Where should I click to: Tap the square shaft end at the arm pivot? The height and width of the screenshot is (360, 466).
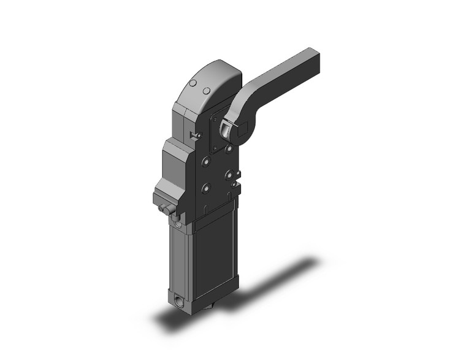click(241, 129)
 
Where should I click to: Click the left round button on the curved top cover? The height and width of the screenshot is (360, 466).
click(193, 83)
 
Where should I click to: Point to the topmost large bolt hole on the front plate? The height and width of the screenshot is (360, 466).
click(229, 148)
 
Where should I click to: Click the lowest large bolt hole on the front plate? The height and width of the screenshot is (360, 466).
click(207, 188)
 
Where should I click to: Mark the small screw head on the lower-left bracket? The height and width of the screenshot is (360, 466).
click(162, 210)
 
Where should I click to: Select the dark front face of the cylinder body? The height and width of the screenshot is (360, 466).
click(215, 258)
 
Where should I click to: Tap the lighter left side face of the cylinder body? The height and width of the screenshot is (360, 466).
click(181, 258)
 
